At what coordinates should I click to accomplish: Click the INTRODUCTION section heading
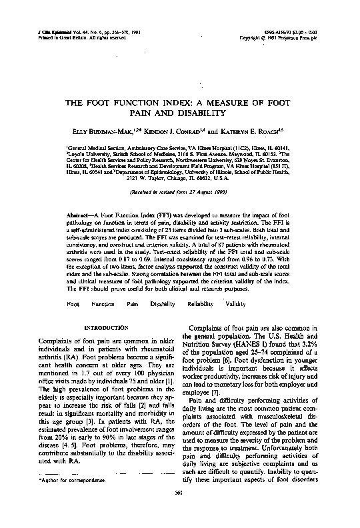click(102, 329)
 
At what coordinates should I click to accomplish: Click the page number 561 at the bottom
click(179, 511)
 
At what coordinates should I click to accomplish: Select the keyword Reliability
click(201, 303)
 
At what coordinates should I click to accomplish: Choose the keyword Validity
click(235, 303)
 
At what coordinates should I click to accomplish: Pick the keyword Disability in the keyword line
click(163, 303)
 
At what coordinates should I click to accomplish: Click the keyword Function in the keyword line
click(103, 303)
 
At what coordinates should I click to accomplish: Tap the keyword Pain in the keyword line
click(133, 303)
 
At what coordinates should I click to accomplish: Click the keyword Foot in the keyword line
click(73, 303)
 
